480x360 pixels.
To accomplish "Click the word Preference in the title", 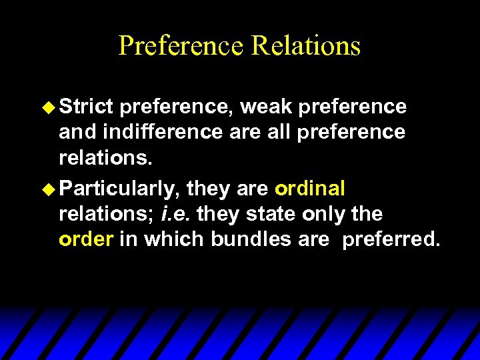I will click(x=181, y=45).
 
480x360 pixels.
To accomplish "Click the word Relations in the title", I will click(x=306, y=45).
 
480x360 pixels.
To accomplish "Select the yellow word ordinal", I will click(x=309, y=189).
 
